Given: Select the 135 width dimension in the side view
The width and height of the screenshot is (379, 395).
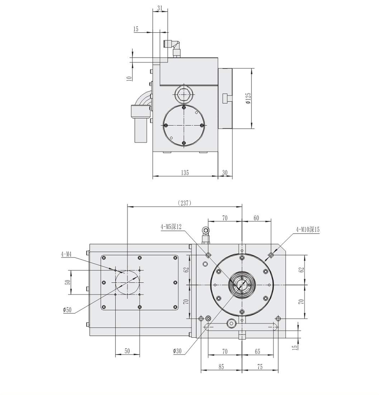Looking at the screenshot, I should (185, 172).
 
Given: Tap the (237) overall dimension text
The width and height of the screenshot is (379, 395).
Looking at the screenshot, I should (185, 203).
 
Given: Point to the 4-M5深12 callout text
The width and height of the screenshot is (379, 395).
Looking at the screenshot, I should (171, 227).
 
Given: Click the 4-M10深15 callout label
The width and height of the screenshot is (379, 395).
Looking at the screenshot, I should (307, 229).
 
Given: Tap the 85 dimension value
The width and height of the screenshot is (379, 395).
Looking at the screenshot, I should (221, 367).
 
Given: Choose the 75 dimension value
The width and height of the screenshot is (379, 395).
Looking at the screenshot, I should (259, 367).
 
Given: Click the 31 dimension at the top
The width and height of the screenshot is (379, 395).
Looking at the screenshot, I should (160, 8).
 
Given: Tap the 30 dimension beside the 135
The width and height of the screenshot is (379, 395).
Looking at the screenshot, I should (224, 172).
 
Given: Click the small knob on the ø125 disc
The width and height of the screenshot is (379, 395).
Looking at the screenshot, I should (227, 98).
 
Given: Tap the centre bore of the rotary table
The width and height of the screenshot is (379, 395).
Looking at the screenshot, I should (242, 284).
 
